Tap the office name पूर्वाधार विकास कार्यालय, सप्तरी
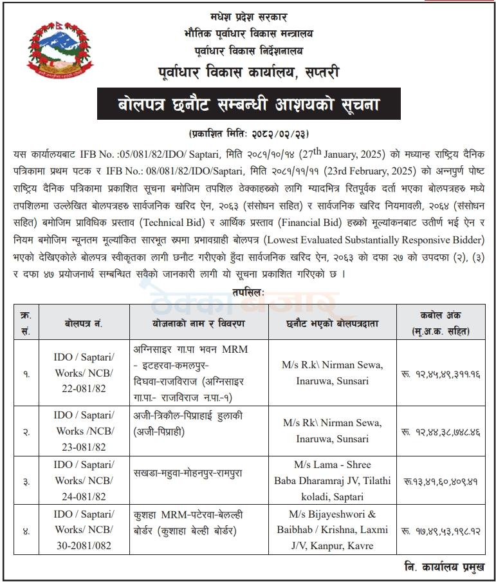click(x=248, y=72)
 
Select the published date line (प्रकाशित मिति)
click(x=248, y=134)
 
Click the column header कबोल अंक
click(x=441, y=323)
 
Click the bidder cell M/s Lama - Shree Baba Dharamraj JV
click(x=332, y=480)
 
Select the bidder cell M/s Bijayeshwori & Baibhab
click(x=332, y=530)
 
